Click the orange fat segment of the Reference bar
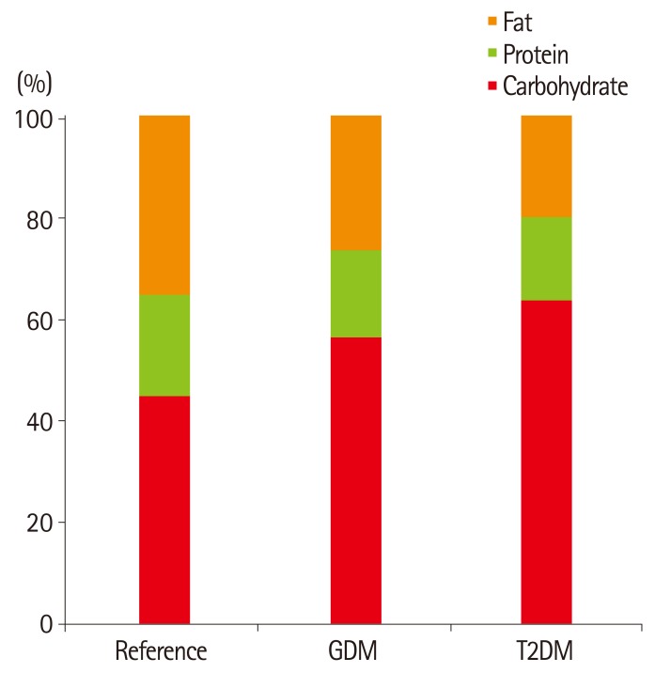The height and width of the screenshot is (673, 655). click(164, 205)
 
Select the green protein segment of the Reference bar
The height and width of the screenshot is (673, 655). click(164, 345)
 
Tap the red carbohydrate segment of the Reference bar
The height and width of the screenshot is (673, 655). click(164, 509)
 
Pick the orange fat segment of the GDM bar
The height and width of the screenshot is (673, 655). click(356, 182)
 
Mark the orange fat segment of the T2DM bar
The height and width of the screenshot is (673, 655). click(546, 165)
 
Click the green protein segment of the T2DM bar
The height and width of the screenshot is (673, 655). click(546, 258)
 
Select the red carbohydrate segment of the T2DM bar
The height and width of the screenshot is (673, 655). click(546, 462)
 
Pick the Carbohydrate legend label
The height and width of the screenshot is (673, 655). click(564, 88)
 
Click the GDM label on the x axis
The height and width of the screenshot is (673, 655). click(355, 650)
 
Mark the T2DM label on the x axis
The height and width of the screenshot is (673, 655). click(546, 650)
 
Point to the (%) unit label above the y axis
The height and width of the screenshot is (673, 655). click(35, 83)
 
